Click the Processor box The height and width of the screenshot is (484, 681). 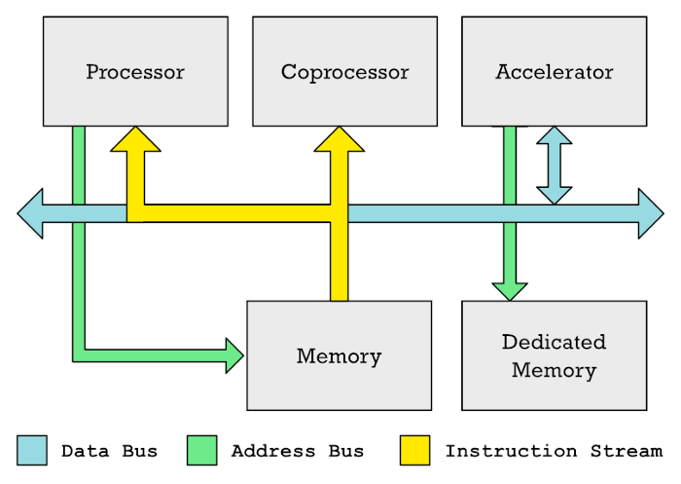tap(135, 71)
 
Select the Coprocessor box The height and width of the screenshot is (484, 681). tap(344, 71)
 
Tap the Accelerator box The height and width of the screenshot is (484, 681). tap(554, 71)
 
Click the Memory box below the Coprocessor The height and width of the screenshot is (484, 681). tap(339, 355)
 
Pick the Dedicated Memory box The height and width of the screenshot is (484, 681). tap(554, 355)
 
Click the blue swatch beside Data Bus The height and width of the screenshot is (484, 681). tap(32, 450)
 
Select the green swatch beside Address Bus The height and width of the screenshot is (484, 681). tap(202, 450)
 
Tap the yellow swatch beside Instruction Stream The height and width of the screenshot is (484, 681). tap(415, 450)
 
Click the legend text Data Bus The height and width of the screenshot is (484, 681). tap(109, 451)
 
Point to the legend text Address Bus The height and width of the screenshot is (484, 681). tap(297, 451)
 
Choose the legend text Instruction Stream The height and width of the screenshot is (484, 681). tap(553, 451)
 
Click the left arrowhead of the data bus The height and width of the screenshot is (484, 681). tap(30, 214)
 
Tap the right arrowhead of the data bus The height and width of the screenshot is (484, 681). tap(651, 214)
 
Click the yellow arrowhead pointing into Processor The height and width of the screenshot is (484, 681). tap(135, 139)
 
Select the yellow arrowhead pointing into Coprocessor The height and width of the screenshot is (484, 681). tap(339, 139)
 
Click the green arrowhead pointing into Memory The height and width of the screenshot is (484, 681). tap(234, 355)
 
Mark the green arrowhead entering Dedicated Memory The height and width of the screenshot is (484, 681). tap(510, 290)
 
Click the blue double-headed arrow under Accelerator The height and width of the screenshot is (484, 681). tap(554, 165)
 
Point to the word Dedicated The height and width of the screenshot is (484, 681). tap(554, 342)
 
